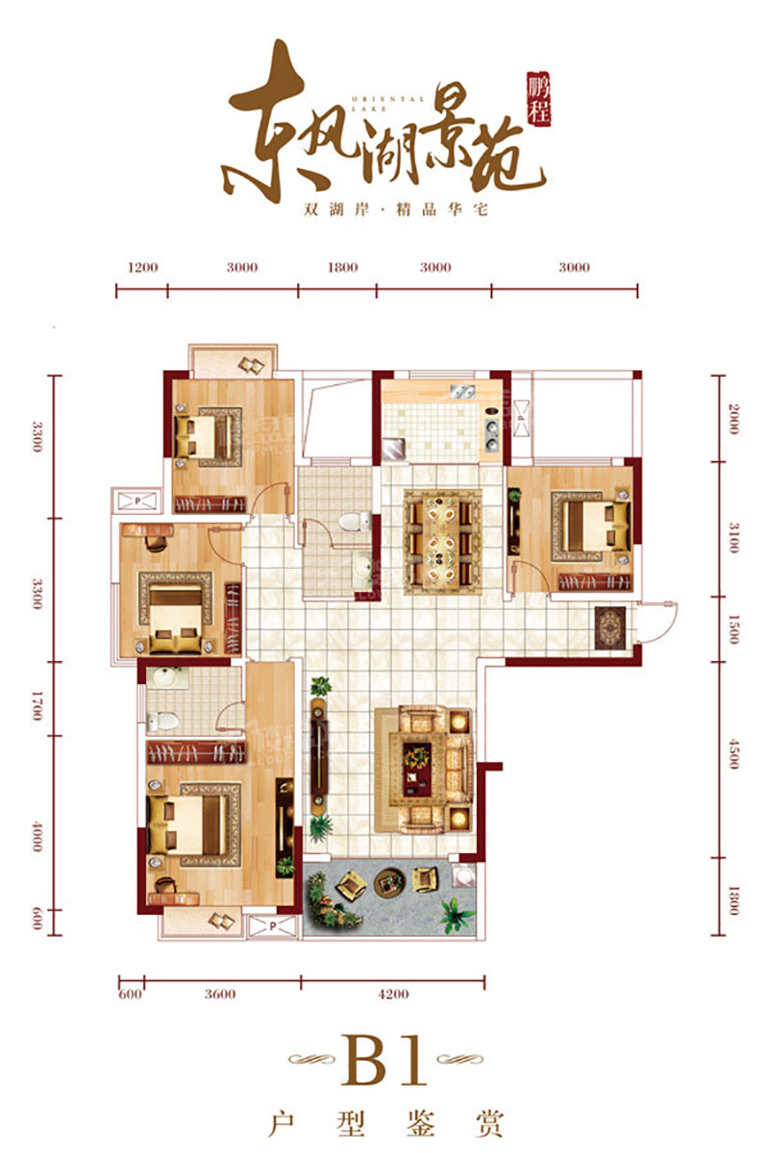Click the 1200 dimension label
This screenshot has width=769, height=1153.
(x=142, y=267)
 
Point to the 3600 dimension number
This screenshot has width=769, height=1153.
(x=220, y=994)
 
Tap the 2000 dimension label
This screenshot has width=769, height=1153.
(x=734, y=420)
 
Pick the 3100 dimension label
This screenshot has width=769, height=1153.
(x=734, y=531)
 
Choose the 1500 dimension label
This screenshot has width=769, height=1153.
(x=734, y=629)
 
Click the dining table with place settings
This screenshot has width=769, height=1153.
(x=442, y=541)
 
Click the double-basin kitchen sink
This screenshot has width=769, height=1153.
(x=460, y=391)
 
